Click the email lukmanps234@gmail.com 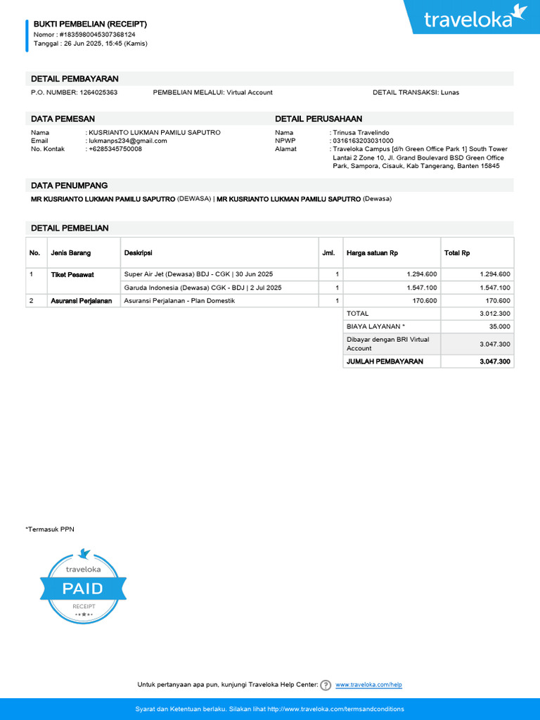click(x=127, y=141)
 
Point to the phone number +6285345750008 click(x=115, y=149)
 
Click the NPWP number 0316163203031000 click(x=363, y=141)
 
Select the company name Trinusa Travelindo click(x=361, y=132)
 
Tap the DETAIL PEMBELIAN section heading click(x=70, y=228)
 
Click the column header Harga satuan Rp click(x=372, y=253)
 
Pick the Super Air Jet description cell click(x=198, y=274)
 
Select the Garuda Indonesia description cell click(x=202, y=288)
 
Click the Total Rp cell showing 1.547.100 click(x=495, y=288)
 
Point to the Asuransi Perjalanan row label click(x=81, y=301)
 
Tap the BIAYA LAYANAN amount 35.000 click(x=500, y=327)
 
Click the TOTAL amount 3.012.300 click(x=495, y=314)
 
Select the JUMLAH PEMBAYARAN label click(x=385, y=361)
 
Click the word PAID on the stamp click(x=83, y=589)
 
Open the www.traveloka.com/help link click(x=368, y=685)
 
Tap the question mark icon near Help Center click(x=326, y=685)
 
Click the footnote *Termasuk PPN click(x=50, y=529)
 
